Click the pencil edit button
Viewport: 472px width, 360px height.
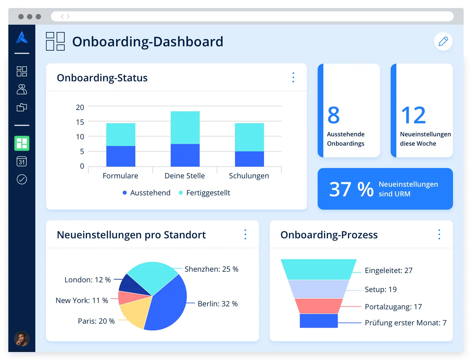pyautogui.click(x=443, y=41)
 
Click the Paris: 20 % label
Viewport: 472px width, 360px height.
pyautogui.click(x=96, y=321)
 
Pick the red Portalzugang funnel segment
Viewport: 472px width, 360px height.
pyautogui.click(x=318, y=306)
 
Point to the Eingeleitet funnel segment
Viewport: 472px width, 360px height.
pyautogui.click(x=318, y=269)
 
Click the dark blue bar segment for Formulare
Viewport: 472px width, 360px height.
pyautogui.click(x=121, y=156)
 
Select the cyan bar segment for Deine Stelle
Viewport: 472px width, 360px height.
pyautogui.click(x=185, y=127)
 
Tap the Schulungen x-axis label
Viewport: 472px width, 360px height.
pyautogui.click(x=249, y=176)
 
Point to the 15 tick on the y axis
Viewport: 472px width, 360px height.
pyautogui.click(x=80, y=122)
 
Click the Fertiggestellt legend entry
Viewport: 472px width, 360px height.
pyautogui.click(x=205, y=193)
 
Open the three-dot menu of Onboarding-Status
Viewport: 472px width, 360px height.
pyautogui.click(x=293, y=77)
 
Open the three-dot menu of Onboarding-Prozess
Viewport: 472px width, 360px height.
pyautogui.click(x=439, y=234)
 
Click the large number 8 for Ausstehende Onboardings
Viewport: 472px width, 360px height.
pyautogui.click(x=333, y=115)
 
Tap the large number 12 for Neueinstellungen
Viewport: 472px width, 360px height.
pyautogui.click(x=413, y=115)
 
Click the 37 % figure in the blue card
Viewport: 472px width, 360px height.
pyautogui.click(x=351, y=189)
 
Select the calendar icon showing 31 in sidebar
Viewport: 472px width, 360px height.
pyautogui.click(x=22, y=162)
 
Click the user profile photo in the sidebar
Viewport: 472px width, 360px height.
pyautogui.click(x=22, y=339)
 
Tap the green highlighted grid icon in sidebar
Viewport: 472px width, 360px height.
pyautogui.click(x=22, y=143)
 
